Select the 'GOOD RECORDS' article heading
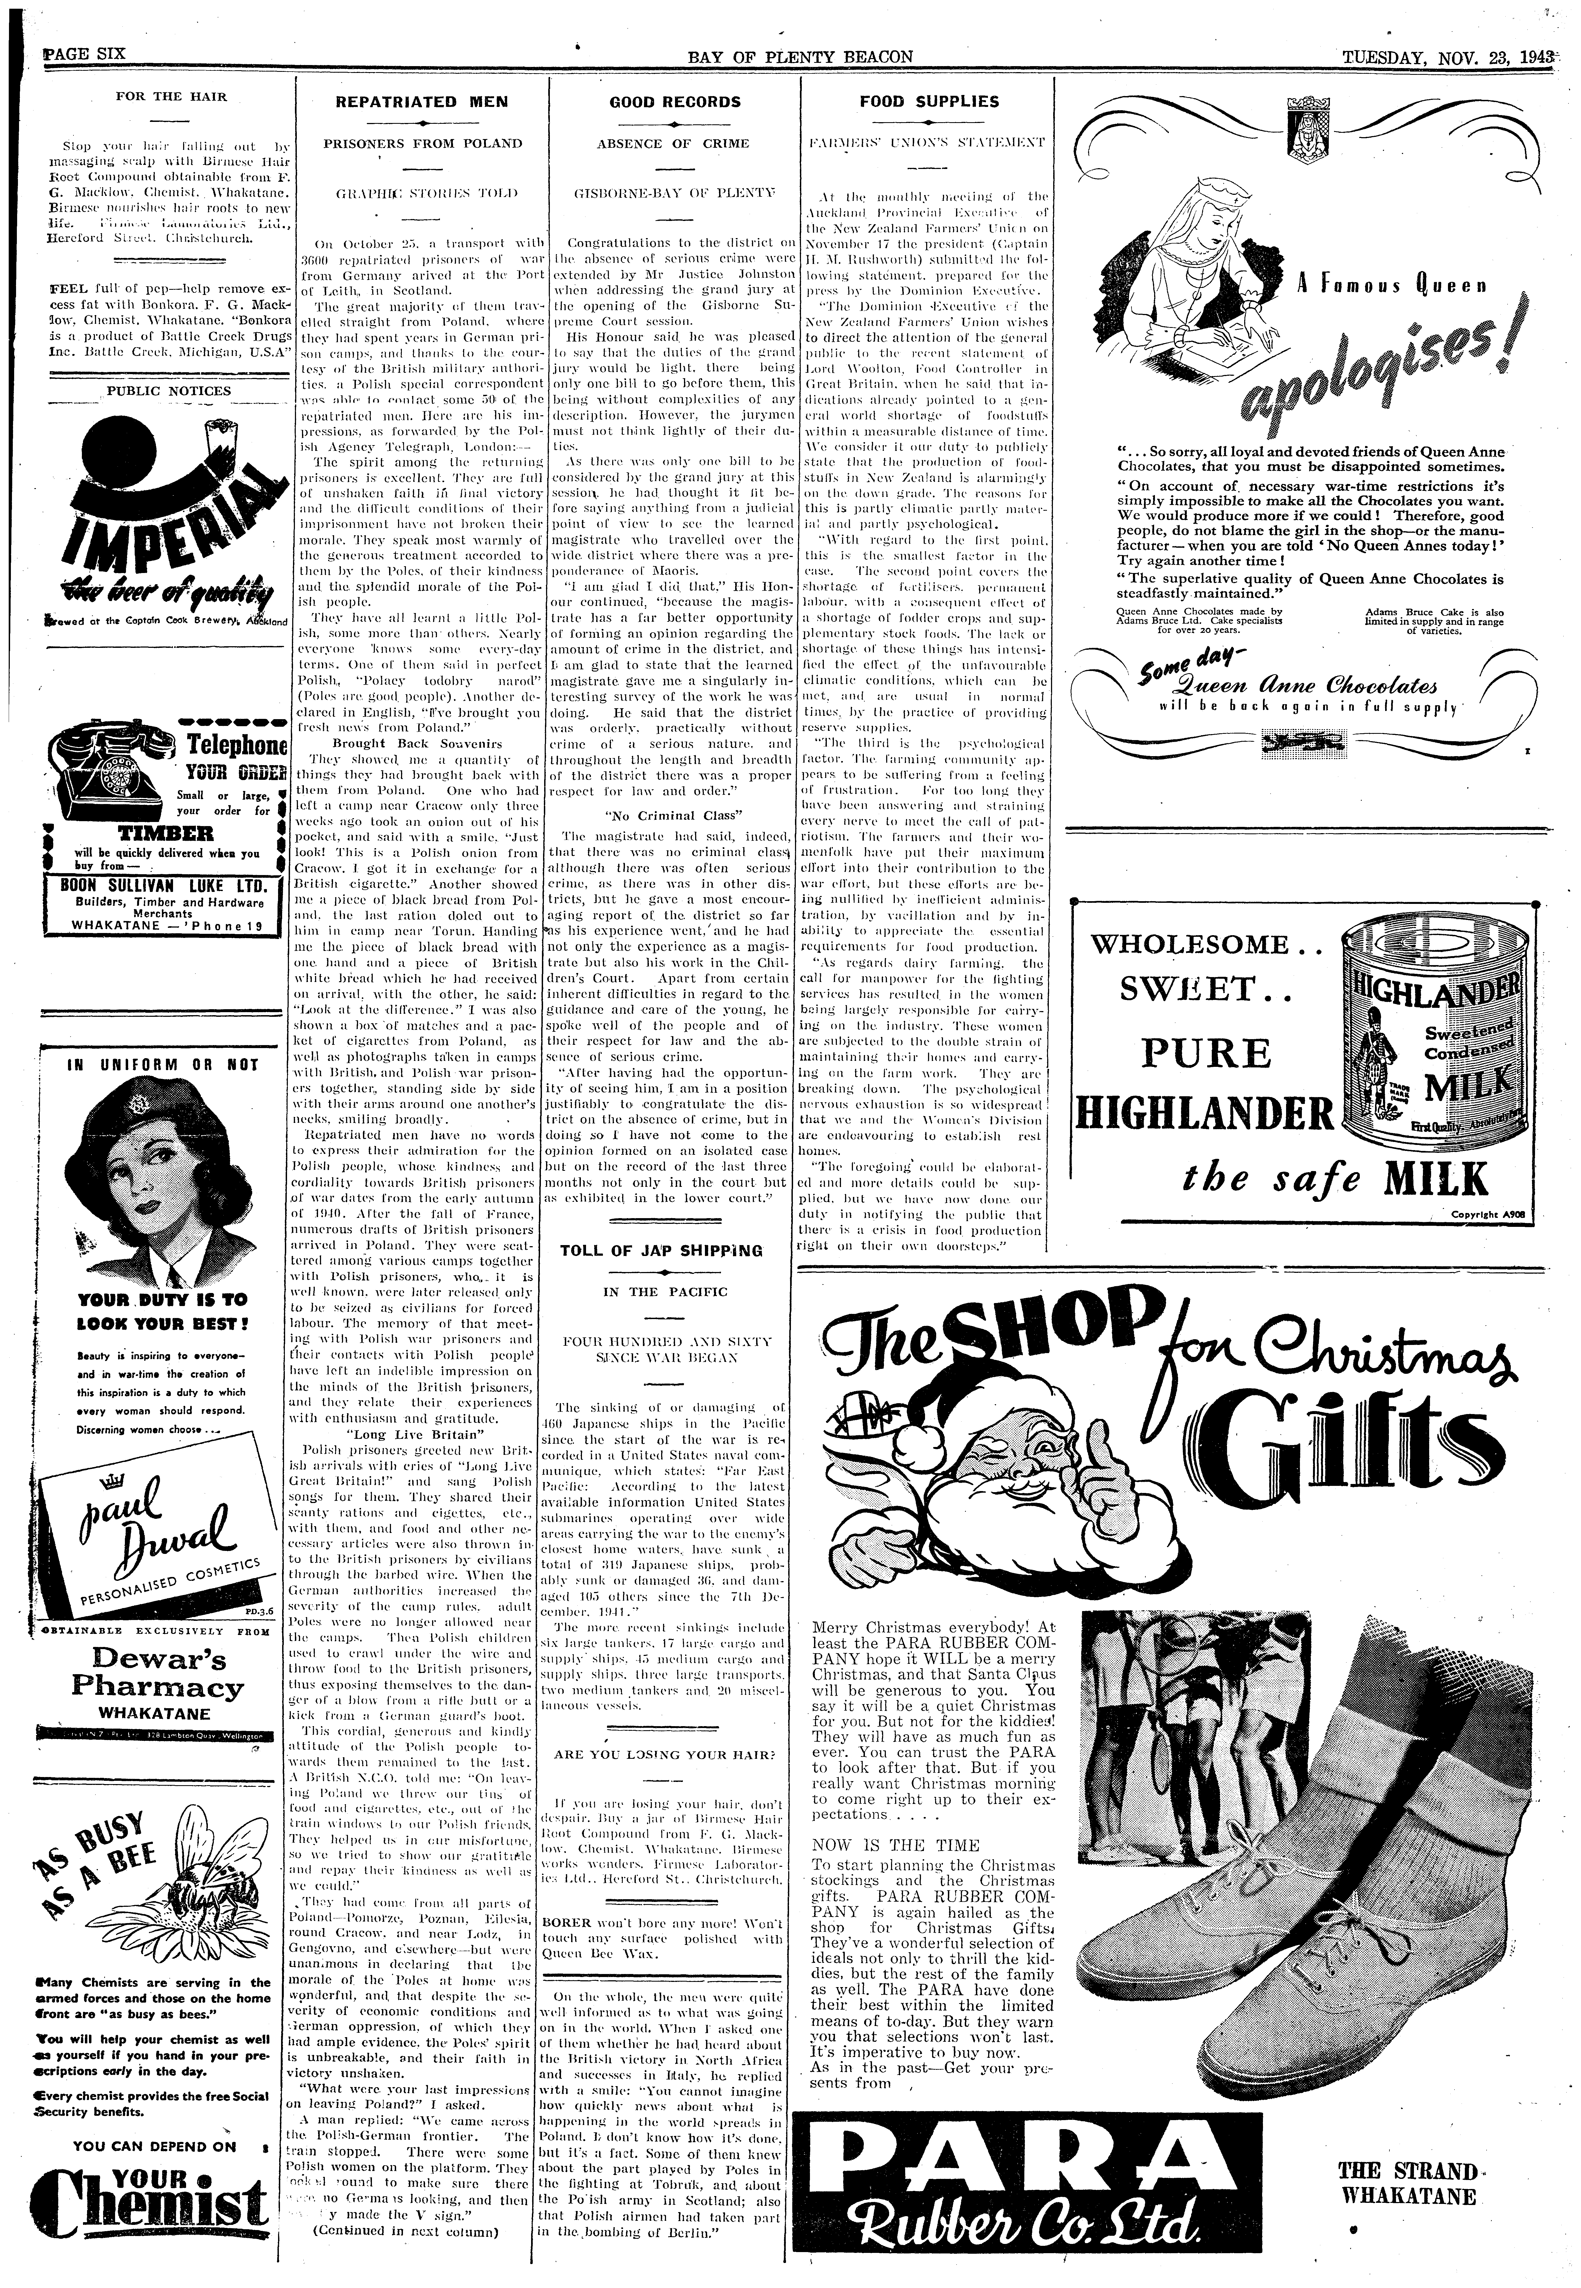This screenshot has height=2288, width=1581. (x=675, y=101)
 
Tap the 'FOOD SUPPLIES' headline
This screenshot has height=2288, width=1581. (x=929, y=101)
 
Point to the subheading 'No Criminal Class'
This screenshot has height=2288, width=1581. (x=675, y=816)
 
